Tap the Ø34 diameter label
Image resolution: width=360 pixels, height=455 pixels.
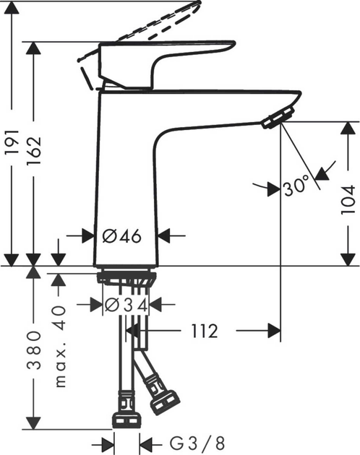click(x=126, y=305)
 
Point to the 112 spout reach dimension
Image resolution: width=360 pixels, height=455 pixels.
click(x=204, y=331)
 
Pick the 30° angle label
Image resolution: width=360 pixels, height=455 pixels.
click(x=296, y=188)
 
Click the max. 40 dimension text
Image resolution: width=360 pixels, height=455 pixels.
click(x=61, y=345)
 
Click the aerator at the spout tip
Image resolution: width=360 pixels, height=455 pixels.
click(x=278, y=117)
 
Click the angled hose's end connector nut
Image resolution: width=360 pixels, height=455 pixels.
click(x=164, y=402)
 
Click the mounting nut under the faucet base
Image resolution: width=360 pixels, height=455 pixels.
click(x=127, y=277)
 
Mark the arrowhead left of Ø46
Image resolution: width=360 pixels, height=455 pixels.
click(x=87, y=235)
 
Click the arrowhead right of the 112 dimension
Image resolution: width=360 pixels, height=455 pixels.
click(x=274, y=331)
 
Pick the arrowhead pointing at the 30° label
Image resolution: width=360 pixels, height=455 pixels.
click(x=273, y=190)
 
